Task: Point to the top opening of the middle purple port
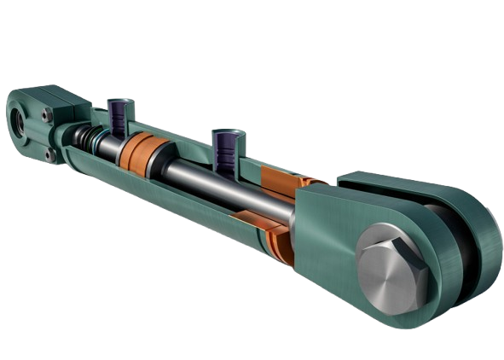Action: [x=225, y=134]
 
